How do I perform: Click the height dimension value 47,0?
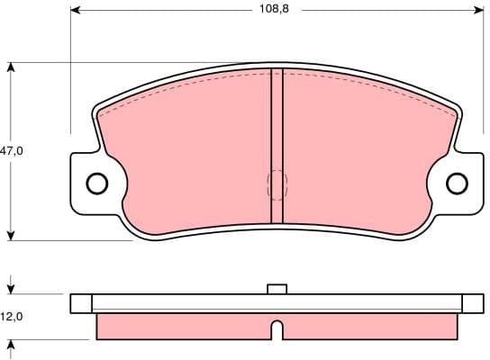click(x=12, y=152)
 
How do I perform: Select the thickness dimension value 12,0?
click(x=12, y=317)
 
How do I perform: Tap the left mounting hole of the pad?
click(x=96, y=184)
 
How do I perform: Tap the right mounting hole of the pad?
click(x=458, y=184)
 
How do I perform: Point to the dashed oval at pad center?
click(x=277, y=185)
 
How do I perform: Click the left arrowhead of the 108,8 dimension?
click(x=76, y=10)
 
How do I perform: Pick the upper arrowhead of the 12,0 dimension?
click(x=11, y=289)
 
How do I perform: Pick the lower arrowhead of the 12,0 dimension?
click(x=11, y=345)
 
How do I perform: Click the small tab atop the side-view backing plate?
click(x=277, y=289)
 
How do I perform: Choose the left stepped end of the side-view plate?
click(x=82, y=303)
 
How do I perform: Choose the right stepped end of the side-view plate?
click(x=473, y=303)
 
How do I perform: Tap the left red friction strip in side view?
click(x=180, y=325)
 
